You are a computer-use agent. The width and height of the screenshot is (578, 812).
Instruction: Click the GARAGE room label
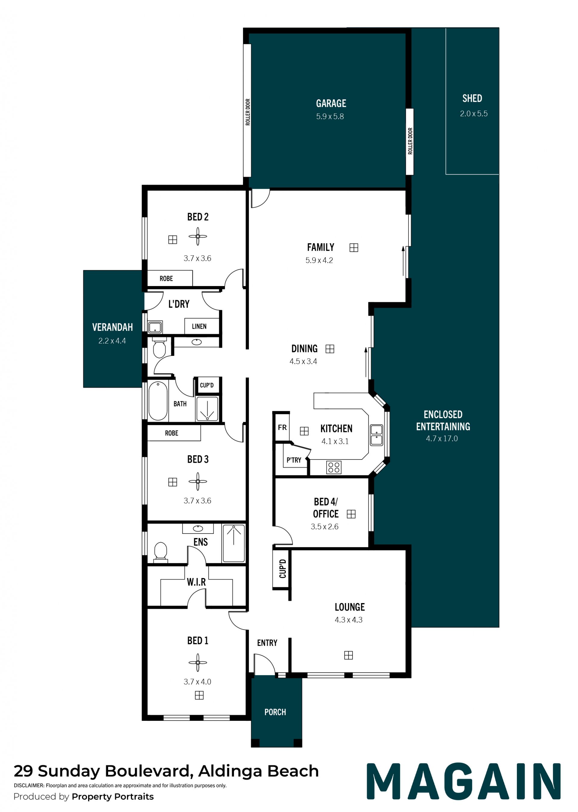click(x=331, y=103)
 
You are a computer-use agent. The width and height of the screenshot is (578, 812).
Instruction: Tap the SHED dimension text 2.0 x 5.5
click(x=474, y=114)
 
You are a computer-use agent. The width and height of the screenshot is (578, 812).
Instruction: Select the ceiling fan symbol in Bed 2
click(x=197, y=236)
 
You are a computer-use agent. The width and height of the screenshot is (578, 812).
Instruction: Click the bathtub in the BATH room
click(x=158, y=401)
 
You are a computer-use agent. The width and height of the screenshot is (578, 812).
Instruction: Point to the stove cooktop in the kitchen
click(x=334, y=467)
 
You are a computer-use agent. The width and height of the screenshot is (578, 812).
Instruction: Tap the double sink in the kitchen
click(x=376, y=435)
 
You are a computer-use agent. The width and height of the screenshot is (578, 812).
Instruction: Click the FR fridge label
click(x=282, y=427)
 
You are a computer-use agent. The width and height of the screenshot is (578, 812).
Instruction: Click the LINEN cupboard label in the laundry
click(x=199, y=326)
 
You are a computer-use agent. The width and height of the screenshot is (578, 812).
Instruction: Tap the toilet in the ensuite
click(x=160, y=552)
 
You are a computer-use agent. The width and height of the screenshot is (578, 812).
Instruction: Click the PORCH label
click(x=275, y=712)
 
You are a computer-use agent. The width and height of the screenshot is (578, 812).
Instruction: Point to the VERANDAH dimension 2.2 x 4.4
click(x=112, y=341)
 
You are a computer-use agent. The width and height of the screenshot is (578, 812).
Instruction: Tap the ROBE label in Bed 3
click(x=172, y=433)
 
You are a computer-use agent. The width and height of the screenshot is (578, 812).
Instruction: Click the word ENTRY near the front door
click(x=267, y=642)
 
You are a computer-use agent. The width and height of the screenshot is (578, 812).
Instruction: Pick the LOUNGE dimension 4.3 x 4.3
click(x=348, y=620)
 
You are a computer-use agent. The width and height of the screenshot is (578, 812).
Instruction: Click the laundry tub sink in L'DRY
click(x=155, y=327)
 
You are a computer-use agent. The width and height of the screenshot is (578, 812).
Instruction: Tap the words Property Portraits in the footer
click(x=113, y=796)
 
